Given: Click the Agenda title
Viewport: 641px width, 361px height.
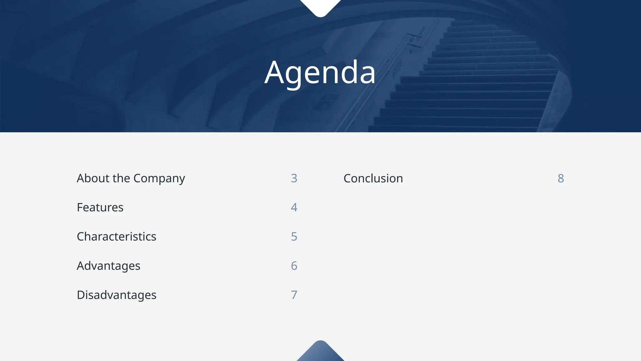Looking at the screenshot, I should pos(320,73).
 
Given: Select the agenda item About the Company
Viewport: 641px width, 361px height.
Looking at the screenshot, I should pos(131,178).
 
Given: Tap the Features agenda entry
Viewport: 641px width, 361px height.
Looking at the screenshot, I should pos(100,207).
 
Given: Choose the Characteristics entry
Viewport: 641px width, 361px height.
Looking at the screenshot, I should pos(116,237).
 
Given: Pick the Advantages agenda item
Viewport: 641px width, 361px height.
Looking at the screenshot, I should pos(109,266).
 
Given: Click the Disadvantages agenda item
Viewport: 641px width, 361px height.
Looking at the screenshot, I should pos(116,295).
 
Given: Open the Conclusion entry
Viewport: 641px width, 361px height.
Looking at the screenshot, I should pos(373,178).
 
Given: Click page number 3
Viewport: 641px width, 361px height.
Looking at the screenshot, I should pos(294,178).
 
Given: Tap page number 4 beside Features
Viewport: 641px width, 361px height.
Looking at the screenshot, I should pos(294,207).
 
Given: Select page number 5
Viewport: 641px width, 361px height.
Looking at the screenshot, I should pos(294,237).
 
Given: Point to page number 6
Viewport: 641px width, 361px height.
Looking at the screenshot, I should pos(294,266).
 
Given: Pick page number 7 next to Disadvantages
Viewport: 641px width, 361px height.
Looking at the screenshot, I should pos(294,295).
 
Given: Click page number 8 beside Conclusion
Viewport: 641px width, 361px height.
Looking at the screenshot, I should pos(561,178).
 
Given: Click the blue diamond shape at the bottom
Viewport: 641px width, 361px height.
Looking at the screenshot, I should pos(320,353).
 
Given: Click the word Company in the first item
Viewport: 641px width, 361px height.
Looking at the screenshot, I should pos(159,179).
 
